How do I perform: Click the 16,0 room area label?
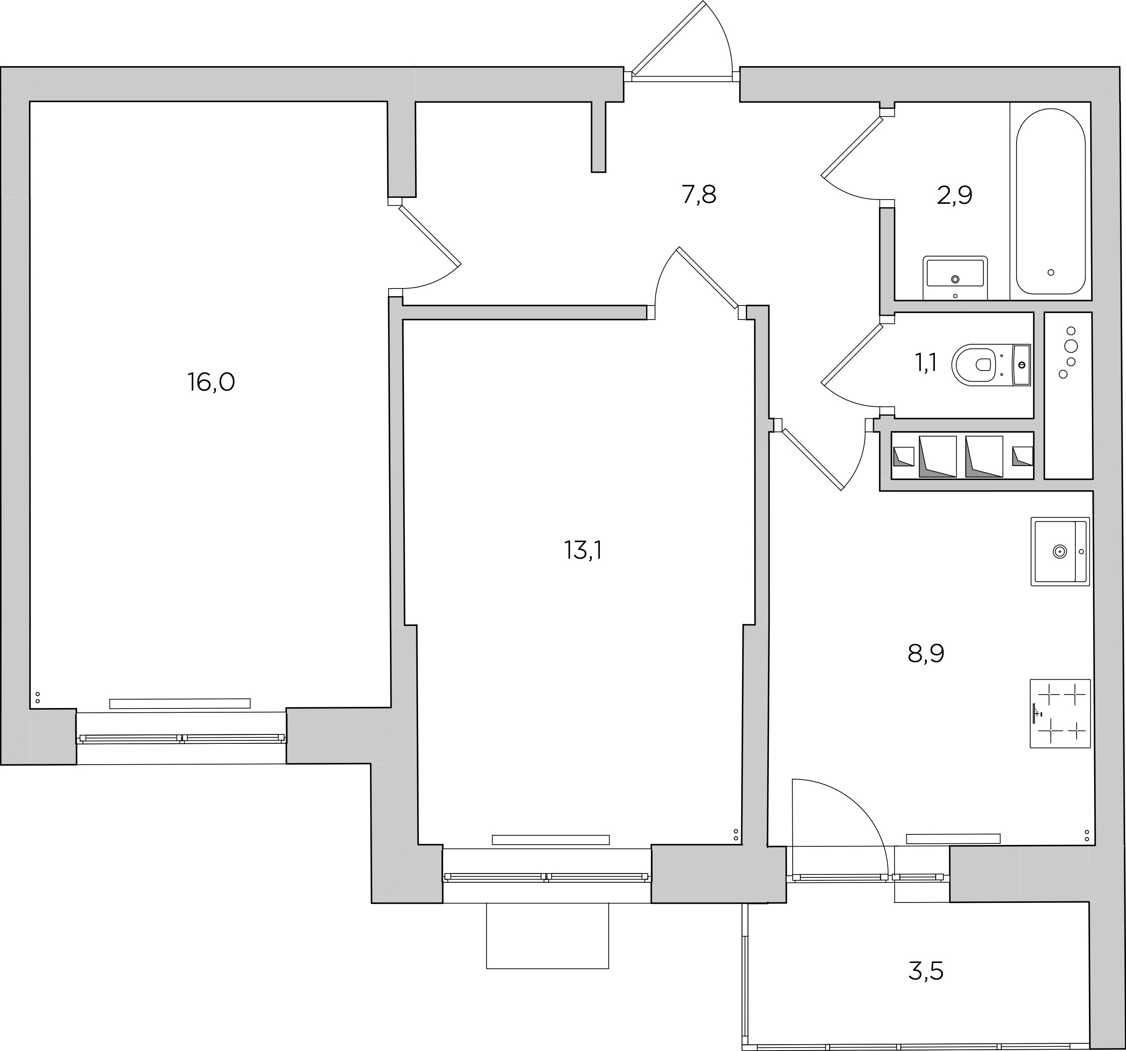(211, 382)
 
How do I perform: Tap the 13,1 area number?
(583, 550)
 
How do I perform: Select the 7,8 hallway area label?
(699, 195)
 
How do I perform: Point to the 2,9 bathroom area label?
(954, 195)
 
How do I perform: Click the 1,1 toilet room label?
(925, 363)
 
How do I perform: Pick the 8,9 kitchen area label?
(926, 654)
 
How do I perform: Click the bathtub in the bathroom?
(1051, 201)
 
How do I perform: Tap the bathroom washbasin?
(955, 277)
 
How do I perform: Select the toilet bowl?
(991, 365)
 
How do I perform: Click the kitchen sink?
(1060, 551)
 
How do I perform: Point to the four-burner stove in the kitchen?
(1060, 714)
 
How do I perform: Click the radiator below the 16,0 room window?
(180, 703)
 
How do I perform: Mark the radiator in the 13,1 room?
(550, 840)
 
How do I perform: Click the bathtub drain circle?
(1051, 272)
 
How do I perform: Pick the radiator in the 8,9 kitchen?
(953, 839)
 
